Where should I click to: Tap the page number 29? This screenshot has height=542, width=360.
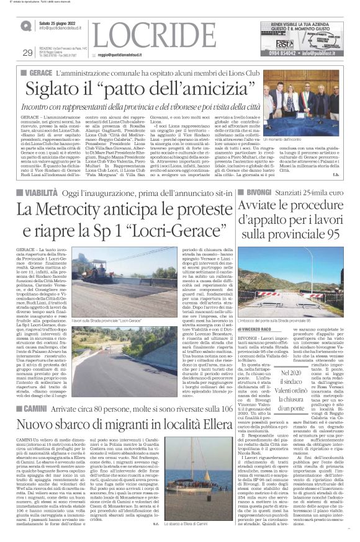(27, 53)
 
